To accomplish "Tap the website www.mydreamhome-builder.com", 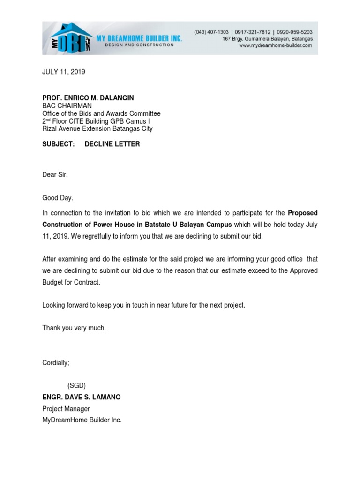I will [x=276, y=46].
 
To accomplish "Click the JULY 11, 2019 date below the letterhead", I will [x=64, y=72].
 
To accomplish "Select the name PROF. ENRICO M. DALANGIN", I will [x=88, y=97].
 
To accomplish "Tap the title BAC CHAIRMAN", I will [x=67, y=105].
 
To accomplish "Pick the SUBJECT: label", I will [x=59, y=144].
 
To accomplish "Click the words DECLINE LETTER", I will [x=112, y=144].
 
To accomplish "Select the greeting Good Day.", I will [x=58, y=198].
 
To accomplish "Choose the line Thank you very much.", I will [x=74, y=328].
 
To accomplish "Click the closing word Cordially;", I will [x=56, y=363].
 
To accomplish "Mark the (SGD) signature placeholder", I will [x=76, y=385].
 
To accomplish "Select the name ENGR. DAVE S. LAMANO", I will [x=82, y=397].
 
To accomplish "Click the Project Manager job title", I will [x=66, y=409].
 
